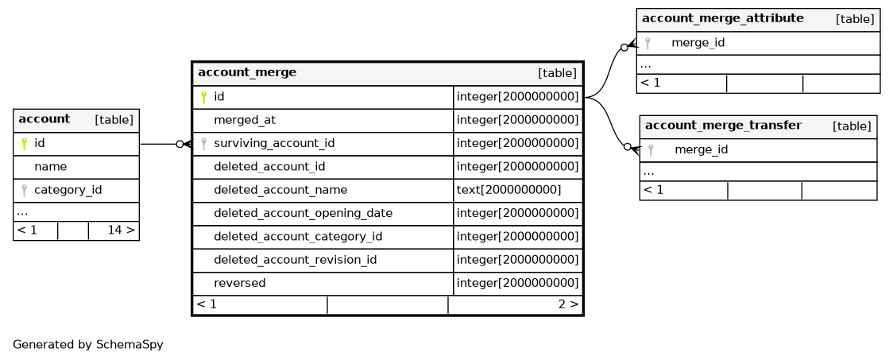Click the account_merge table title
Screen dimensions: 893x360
[x=247, y=72]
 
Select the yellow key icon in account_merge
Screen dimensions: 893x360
[x=204, y=98]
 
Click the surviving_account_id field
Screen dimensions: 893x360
[x=274, y=144]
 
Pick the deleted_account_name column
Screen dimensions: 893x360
[x=280, y=190]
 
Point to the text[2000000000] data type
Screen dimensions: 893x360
[x=508, y=190]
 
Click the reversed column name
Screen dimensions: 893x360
[x=239, y=283]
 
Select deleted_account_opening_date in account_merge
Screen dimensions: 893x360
[x=303, y=214]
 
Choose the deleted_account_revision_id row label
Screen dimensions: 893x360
[x=295, y=261]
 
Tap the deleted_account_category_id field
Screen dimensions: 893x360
[x=298, y=237]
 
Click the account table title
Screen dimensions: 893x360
[x=44, y=119]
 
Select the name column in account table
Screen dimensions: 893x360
[x=50, y=167]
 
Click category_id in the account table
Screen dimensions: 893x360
[x=68, y=190]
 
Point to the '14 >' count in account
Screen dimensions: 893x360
[x=121, y=230]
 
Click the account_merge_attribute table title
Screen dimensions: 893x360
[x=723, y=18]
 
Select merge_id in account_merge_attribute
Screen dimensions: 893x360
[x=698, y=43]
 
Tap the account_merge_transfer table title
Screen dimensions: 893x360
[x=723, y=126]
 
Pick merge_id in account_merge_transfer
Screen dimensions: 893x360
[x=701, y=150]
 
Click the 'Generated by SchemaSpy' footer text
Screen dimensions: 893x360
[x=87, y=345]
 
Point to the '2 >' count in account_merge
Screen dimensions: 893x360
[x=568, y=304]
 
